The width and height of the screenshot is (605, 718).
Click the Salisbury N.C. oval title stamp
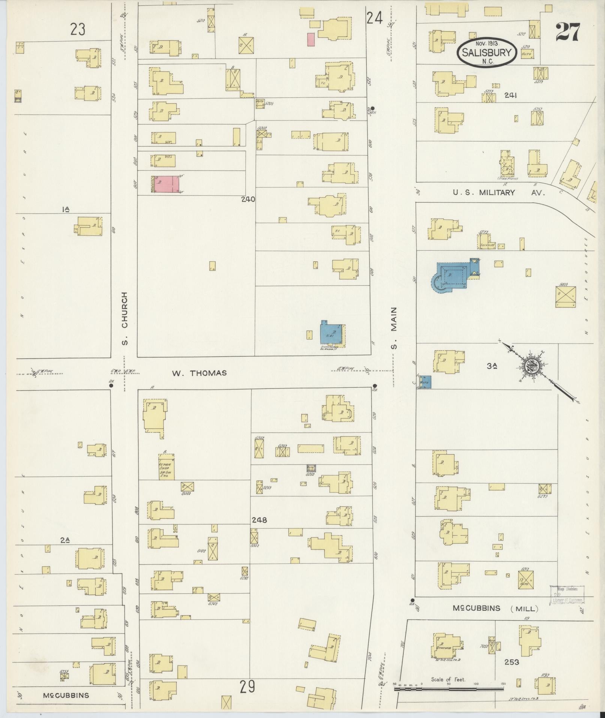coord(487,53)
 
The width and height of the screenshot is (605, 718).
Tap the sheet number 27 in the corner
coord(568,32)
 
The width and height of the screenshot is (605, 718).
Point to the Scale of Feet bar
coord(449,689)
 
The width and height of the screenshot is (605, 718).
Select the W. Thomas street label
coord(199,373)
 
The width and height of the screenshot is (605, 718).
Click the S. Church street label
coord(125,319)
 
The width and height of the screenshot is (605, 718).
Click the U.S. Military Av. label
coord(498,193)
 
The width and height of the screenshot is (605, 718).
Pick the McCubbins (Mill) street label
coord(495,608)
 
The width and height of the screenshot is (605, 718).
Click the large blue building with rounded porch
coord(452,276)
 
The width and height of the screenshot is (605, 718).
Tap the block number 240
coord(248,199)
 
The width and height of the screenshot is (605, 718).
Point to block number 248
coord(259,520)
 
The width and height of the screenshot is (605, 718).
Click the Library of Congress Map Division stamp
coord(567,594)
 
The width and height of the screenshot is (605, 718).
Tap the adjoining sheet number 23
coord(78,29)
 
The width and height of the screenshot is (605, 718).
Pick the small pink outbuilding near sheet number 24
coord(311,39)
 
